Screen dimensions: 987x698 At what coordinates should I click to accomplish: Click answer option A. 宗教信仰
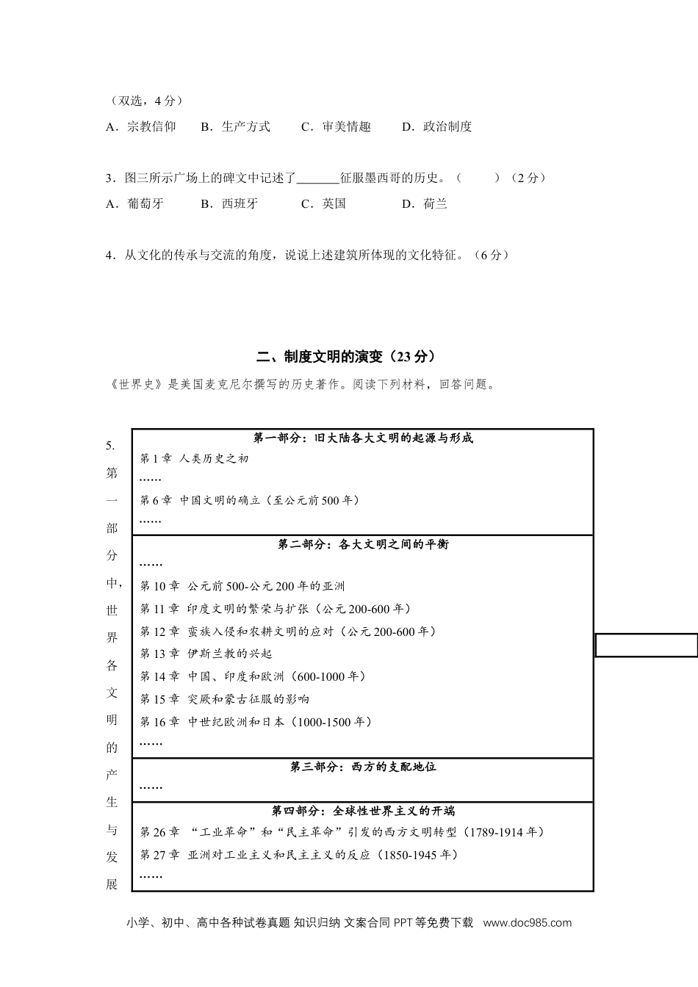pos(141,126)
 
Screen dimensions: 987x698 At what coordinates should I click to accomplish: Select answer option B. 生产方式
pos(236,126)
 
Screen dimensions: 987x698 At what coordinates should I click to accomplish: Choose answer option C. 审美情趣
pos(337,126)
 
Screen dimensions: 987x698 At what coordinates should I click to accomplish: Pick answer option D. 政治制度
pos(437,126)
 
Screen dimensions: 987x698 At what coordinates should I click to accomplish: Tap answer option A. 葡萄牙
pos(135,203)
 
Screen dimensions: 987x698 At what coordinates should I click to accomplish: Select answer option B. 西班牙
pos(230,203)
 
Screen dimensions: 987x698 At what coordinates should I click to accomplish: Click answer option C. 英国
pos(324,203)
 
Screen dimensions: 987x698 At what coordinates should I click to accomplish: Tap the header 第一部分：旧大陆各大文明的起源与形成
pos(363,438)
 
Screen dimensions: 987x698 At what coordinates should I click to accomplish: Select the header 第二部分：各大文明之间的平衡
pos(363,544)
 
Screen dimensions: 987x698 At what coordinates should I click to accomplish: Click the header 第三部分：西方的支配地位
pos(363,767)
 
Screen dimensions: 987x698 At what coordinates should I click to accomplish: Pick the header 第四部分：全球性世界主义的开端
pos(363,811)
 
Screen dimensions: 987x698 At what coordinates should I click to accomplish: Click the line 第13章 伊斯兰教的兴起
pos(206,654)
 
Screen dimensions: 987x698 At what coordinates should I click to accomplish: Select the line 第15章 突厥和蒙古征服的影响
pos(225,699)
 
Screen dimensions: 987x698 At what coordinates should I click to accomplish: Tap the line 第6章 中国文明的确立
pos(250,500)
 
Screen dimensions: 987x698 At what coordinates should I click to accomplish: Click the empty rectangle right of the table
pos(646,645)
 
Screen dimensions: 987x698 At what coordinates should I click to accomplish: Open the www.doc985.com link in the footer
pos(527,923)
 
